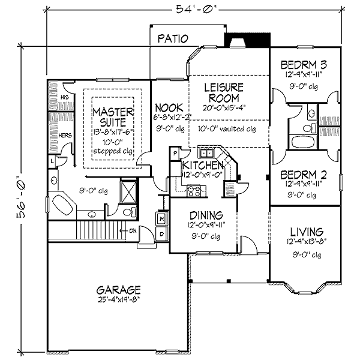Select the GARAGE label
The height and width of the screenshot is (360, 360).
(118, 289)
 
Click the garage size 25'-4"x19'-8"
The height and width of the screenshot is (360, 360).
(118, 299)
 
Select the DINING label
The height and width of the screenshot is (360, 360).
(206, 215)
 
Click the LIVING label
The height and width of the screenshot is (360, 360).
(306, 231)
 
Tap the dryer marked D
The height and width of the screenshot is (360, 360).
(162, 233)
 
